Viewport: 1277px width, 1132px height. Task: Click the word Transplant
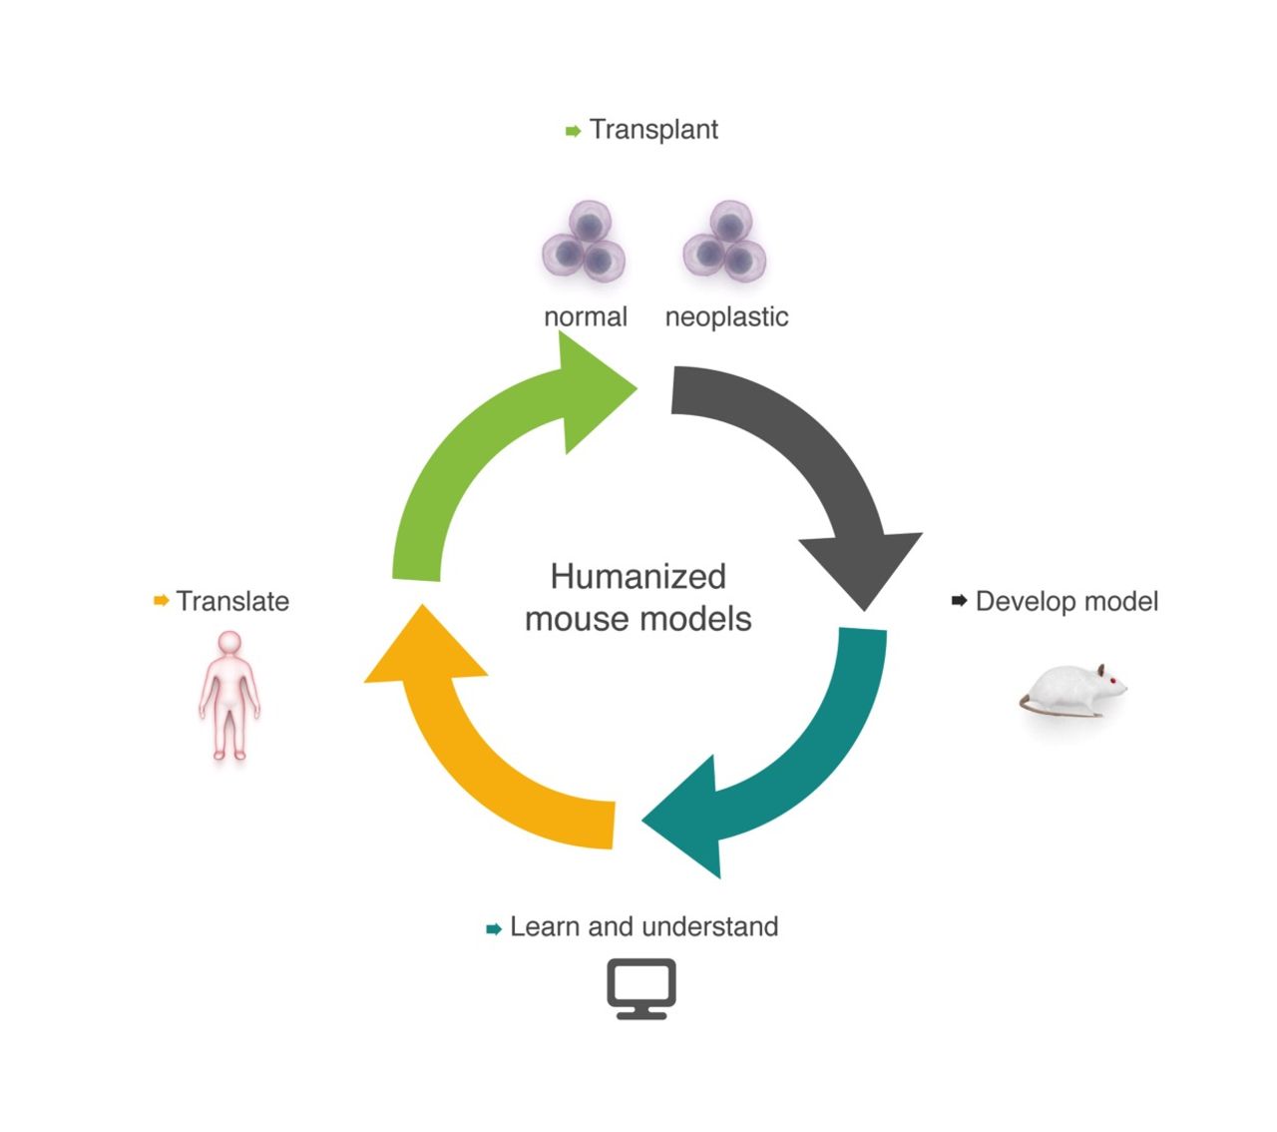click(653, 130)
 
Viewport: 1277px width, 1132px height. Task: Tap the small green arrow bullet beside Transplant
click(573, 131)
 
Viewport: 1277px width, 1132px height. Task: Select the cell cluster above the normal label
click(585, 242)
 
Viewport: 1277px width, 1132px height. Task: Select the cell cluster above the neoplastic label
click(725, 242)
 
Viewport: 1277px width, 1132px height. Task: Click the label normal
click(586, 317)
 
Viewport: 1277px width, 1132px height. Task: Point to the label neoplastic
click(726, 317)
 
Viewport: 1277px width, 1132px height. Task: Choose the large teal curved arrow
click(798, 759)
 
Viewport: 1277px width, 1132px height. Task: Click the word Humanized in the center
click(638, 577)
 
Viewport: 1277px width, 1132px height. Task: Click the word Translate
click(232, 602)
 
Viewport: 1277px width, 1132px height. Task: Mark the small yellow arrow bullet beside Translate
click(161, 601)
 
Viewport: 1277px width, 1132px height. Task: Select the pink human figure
click(229, 694)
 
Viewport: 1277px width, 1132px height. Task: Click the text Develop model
click(1066, 602)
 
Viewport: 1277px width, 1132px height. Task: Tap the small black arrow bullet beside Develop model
click(960, 601)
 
